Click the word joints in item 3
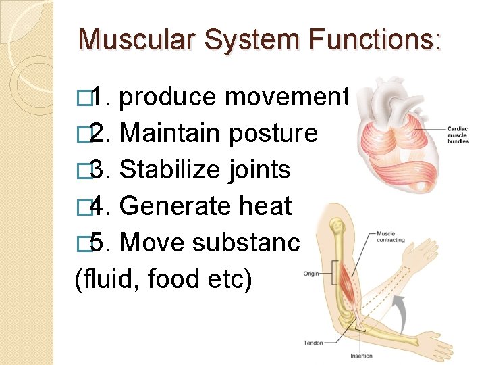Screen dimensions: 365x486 coord(257,169)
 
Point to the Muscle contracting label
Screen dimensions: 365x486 coord(391,237)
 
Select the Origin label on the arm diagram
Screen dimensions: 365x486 coord(311,274)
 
